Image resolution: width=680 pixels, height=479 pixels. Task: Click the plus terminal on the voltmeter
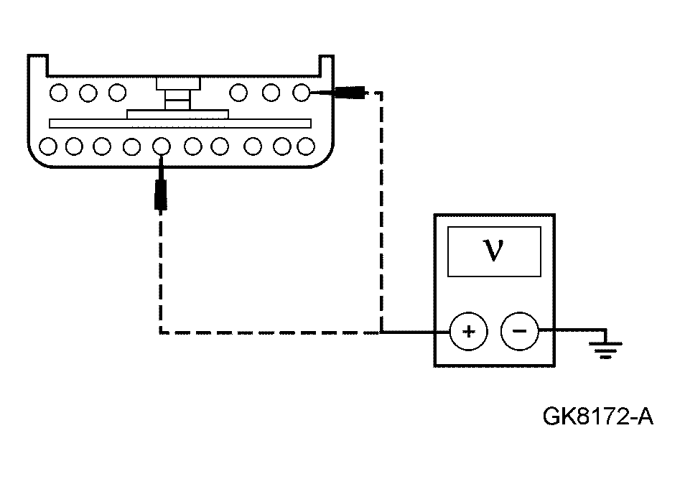pos(468,332)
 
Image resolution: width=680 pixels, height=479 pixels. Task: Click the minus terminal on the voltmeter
pos(519,332)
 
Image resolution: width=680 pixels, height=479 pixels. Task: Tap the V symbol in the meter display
pos(494,251)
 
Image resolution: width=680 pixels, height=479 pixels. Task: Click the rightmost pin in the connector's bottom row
pos(307,147)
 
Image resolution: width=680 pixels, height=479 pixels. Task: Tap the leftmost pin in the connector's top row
pos(60,92)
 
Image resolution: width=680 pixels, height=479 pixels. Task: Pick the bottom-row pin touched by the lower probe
pos(162,147)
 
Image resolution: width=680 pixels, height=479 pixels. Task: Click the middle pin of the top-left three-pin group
pos(88,92)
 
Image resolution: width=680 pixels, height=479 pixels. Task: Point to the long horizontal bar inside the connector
pos(180,124)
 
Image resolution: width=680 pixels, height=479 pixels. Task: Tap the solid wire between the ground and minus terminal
pos(571,332)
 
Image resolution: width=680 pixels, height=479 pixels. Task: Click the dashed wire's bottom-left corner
pos(159,332)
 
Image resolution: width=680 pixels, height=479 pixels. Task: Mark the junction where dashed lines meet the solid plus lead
pos(381,332)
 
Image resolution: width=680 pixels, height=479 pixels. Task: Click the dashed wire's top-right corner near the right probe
pos(381,92)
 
